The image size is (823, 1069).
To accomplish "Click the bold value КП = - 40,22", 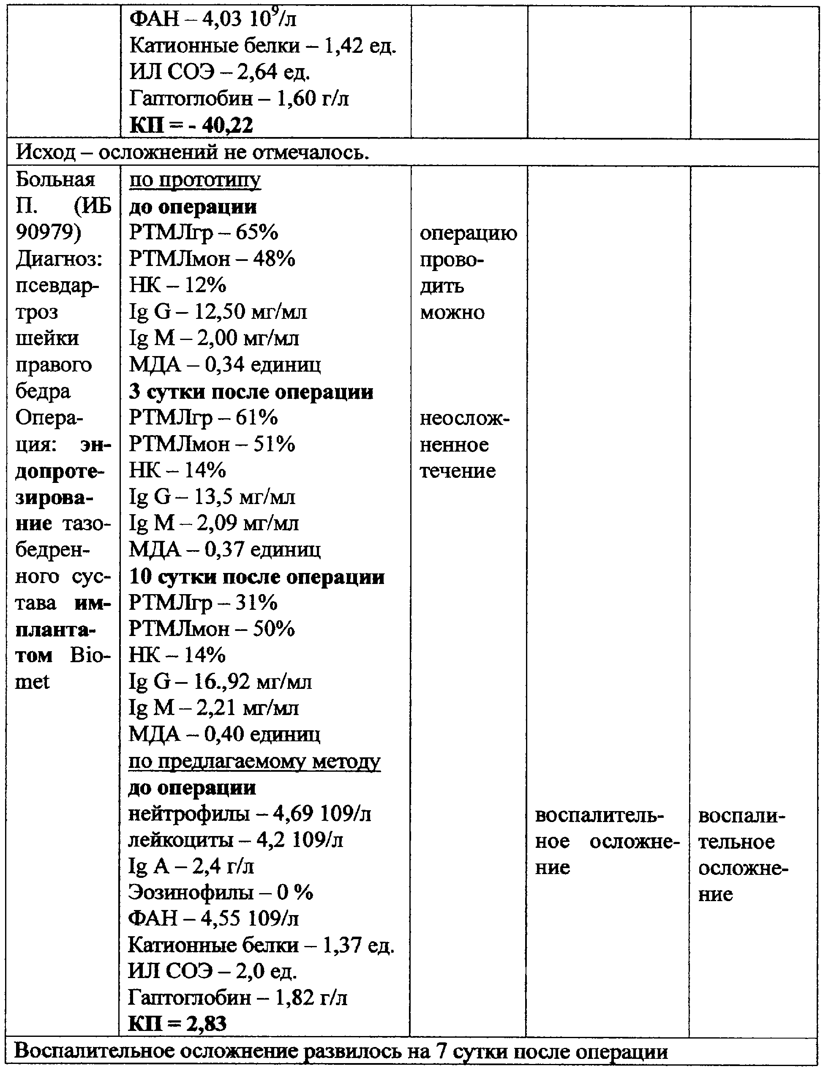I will point(191,125).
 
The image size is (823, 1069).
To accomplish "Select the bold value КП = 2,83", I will point(177,1023).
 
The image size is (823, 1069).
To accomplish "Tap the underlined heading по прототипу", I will point(195,180).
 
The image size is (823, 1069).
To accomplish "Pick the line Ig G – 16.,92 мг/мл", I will point(220,681).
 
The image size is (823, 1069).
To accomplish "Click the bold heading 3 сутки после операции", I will point(251,392).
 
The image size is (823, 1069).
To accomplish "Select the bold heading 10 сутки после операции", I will point(257,577).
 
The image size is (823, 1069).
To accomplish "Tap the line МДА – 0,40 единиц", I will point(224,734).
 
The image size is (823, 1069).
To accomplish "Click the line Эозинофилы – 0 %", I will point(221,893).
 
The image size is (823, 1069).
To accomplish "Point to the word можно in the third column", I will point(452,312).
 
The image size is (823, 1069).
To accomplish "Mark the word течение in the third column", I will point(458,471).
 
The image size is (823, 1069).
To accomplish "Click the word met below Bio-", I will point(32,681).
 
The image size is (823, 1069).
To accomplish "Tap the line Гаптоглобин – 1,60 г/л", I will point(239,99).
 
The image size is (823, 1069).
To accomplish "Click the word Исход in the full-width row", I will point(46,153).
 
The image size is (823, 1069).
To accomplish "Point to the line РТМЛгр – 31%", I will point(203,602).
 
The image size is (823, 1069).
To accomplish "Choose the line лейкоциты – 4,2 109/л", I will point(236,840).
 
